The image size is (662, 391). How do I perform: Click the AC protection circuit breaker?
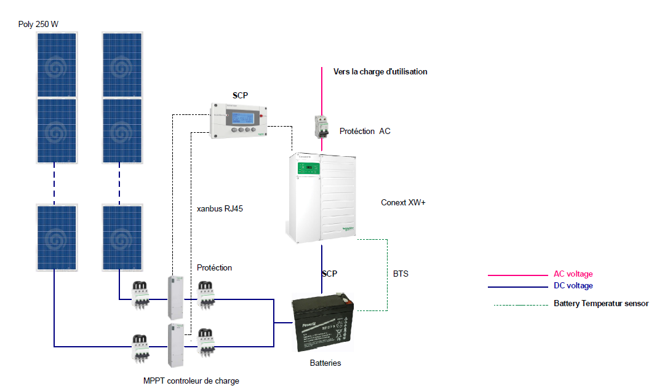click(x=322, y=128)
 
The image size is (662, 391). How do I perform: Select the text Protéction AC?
click(x=365, y=131)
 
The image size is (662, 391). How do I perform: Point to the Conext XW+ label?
click(x=403, y=202)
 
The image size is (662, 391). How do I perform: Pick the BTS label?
click(x=401, y=273)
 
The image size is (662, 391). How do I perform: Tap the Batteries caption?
click(x=325, y=363)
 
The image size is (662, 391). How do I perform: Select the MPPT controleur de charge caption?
click(x=191, y=381)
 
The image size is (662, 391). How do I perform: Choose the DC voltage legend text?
click(x=573, y=286)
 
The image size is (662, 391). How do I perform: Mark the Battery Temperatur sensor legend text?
click(x=601, y=303)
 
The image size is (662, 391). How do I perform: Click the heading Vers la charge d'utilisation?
click(x=380, y=72)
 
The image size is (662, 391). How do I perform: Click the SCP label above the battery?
click(x=329, y=274)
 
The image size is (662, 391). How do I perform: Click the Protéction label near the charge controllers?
click(x=215, y=268)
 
